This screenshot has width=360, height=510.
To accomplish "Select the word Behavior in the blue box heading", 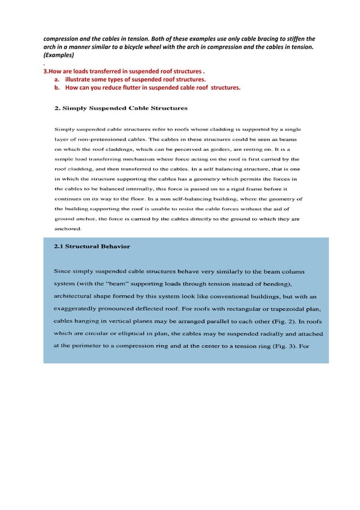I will pyautogui.click(x=113, y=246).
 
